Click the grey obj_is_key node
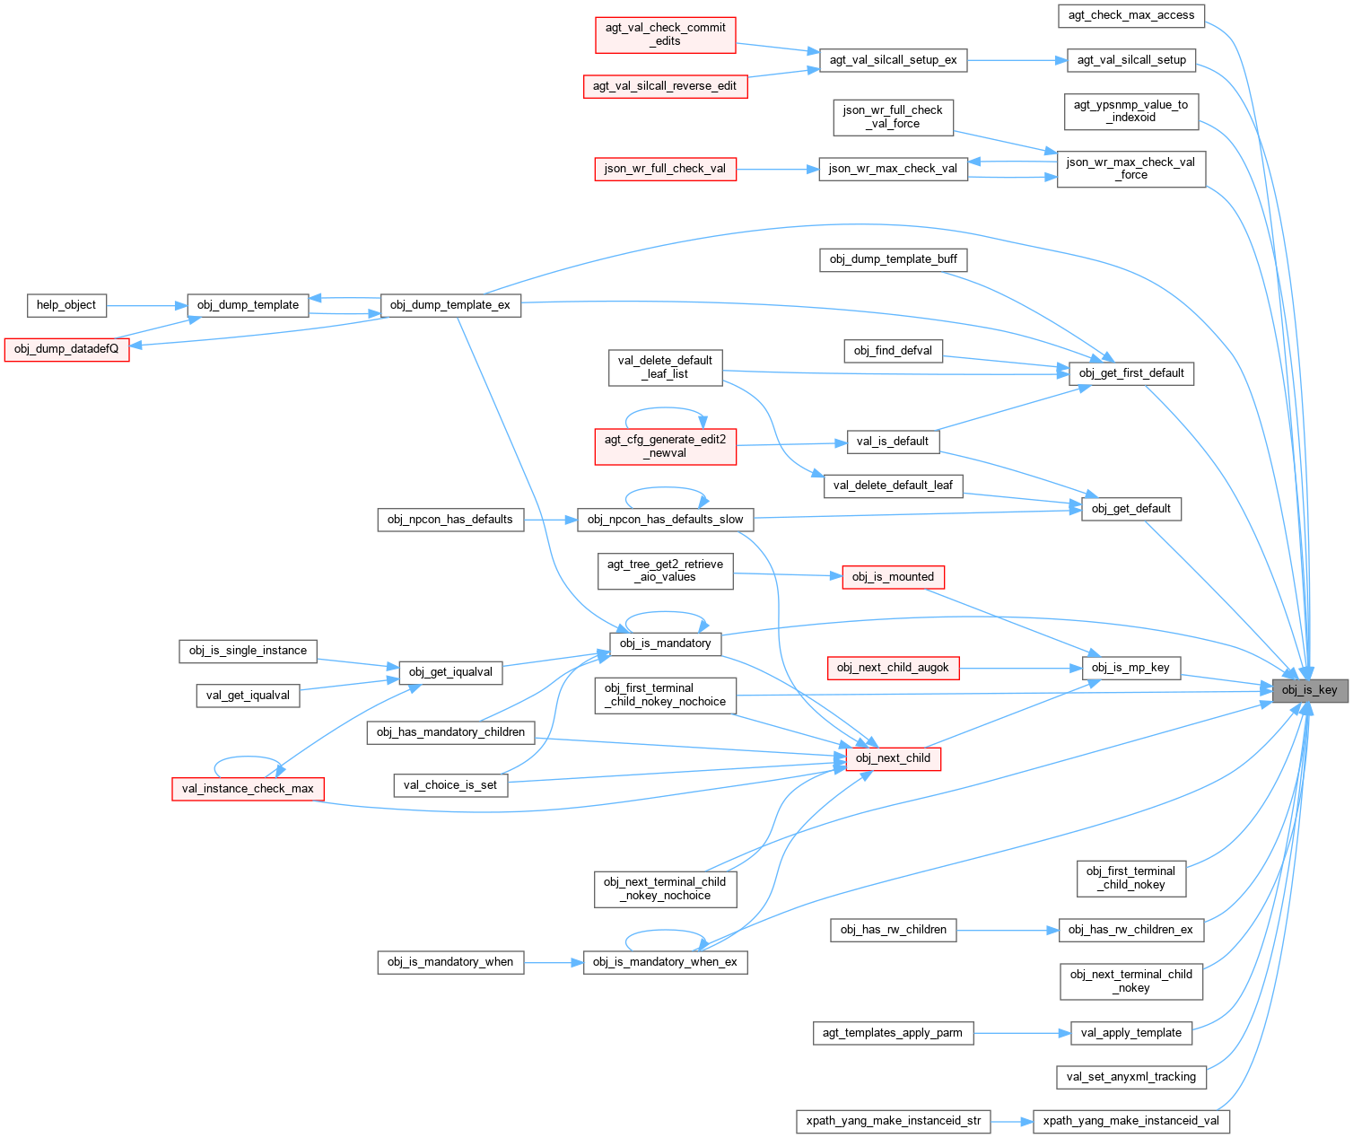point(1309,690)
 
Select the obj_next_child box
point(893,758)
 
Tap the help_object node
point(66,305)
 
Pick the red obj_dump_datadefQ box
point(66,349)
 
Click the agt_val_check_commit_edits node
point(665,34)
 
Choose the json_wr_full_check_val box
point(665,169)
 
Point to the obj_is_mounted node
point(893,577)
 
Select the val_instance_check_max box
point(248,789)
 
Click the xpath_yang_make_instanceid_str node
point(893,1121)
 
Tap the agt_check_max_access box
point(1130,15)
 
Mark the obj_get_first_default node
point(1130,373)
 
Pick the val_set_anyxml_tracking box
point(1130,1077)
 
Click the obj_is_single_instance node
point(248,651)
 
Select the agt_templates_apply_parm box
point(892,1033)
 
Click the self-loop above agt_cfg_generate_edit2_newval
point(665,410)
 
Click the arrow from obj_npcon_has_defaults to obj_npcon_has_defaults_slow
point(550,520)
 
